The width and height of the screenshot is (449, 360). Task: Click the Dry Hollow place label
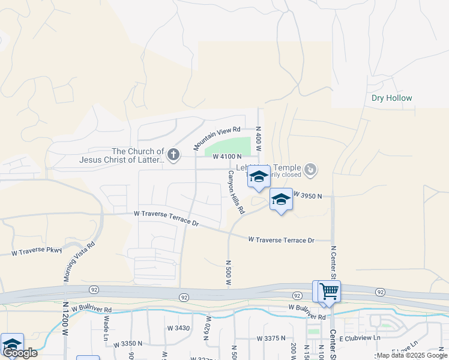(x=391, y=98)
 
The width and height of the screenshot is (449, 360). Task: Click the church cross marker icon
(x=173, y=155)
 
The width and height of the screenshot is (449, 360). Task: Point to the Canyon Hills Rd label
(x=235, y=192)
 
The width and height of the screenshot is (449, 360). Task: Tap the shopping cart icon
(x=329, y=292)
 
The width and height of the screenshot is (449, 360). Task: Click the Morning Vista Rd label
(x=79, y=262)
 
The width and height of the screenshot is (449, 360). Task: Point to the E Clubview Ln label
(x=360, y=338)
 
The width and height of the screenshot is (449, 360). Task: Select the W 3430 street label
(x=178, y=328)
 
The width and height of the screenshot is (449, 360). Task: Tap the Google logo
(x=19, y=353)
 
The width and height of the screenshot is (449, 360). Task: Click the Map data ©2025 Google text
(x=411, y=355)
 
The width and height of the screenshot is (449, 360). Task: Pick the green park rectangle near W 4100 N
(x=228, y=146)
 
